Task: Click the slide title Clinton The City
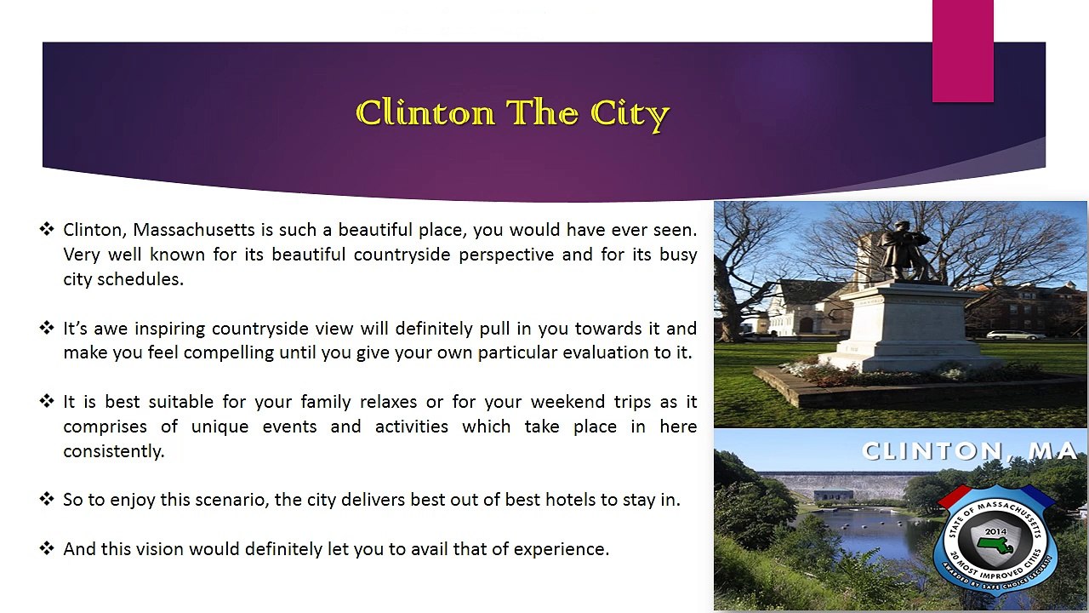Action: [513, 113]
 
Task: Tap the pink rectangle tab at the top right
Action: [962, 51]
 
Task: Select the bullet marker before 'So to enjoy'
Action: [47, 500]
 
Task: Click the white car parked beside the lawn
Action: [1015, 335]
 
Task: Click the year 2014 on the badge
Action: [995, 531]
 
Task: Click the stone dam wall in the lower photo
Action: [842, 485]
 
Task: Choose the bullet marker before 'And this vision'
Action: [47, 549]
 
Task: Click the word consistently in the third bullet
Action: [112, 451]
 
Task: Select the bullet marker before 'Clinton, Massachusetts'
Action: [47, 230]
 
